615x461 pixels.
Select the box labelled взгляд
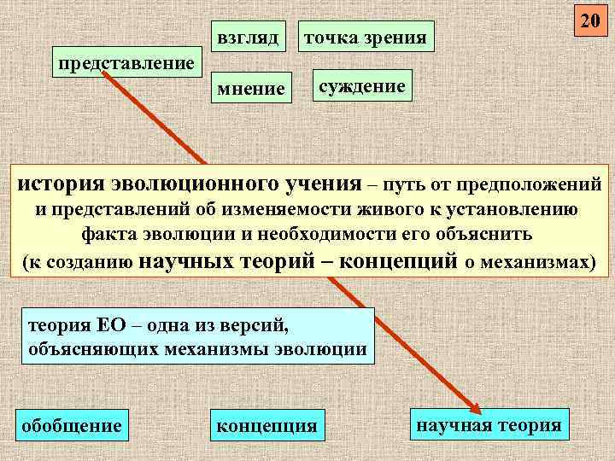(249, 37)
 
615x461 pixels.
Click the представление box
(125, 62)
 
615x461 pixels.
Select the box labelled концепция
(267, 424)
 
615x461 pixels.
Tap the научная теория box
(489, 423)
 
